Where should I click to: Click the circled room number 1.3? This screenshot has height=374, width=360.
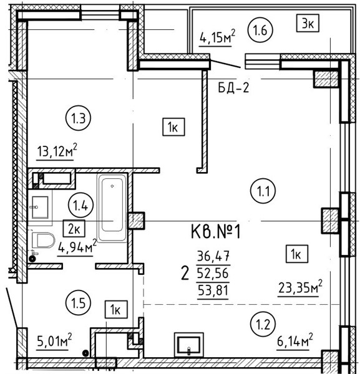pyautogui.click(x=79, y=118)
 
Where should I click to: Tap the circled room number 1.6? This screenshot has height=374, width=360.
pyautogui.click(x=260, y=30)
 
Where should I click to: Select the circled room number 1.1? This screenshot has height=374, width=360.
pyautogui.click(x=263, y=191)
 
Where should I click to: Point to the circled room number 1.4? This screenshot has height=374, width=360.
pyautogui.click(x=80, y=205)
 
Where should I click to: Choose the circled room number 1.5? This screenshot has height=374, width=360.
pyautogui.click(x=79, y=303)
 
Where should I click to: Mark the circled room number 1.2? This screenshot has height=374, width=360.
pyautogui.click(x=263, y=324)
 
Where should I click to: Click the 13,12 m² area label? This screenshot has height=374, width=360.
pyautogui.click(x=57, y=150)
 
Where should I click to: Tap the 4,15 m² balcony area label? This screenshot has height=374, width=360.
pyautogui.click(x=217, y=37)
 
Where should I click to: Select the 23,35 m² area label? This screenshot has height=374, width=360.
pyautogui.click(x=300, y=288)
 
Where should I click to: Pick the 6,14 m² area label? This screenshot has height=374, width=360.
pyautogui.click(x=295, y=341)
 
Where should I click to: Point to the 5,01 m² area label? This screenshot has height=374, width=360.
pyautogui.click(x=54, y=342)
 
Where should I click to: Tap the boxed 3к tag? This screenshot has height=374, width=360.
pyautogui.click(x=308, y=23)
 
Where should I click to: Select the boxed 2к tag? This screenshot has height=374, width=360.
pyautogui.click(x=74, y=228)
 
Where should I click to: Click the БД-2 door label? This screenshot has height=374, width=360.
pyautogui.click(x=233, y=88)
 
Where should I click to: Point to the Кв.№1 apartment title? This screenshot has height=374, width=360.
pyautogui.click(x=216, y=233)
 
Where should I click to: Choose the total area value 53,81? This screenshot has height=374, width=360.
pyautogui.click(x=213, y=290)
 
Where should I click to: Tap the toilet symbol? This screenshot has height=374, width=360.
pyautogui.click(x=42, y=240)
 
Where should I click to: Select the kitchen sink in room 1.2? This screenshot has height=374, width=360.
pyautogui.click(x=189, y=345)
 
